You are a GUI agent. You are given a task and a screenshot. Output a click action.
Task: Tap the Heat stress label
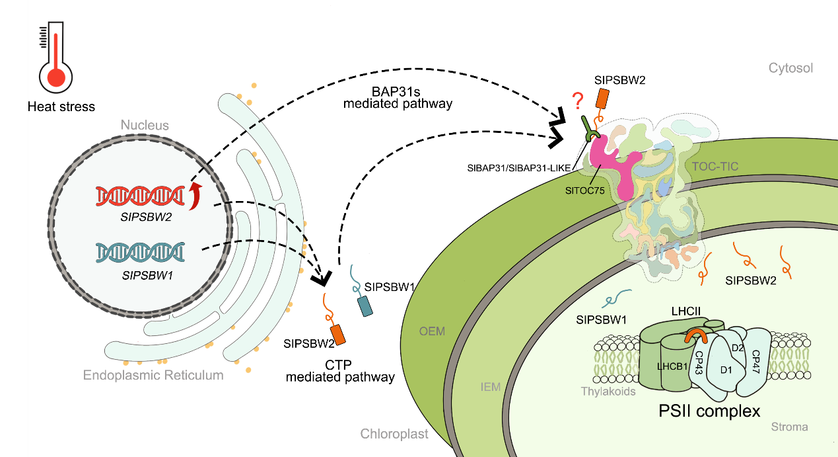tap(61, 106)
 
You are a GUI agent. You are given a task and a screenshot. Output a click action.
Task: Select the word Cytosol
tap(790, 68)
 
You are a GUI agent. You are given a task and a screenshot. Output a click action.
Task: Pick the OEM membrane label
tap(433, 331)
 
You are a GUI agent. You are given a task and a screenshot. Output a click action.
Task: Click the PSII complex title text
tap(709, 411)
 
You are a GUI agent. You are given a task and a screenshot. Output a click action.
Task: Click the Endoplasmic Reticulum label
tap(153, 375)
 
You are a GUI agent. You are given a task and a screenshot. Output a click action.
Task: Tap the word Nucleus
tap(145, 125)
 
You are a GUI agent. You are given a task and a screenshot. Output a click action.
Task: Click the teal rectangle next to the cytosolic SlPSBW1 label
tap(365, 306)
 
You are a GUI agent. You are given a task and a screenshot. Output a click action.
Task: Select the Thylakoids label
tap(609, 391)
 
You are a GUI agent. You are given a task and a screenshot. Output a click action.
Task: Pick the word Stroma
tap(789, 427)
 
